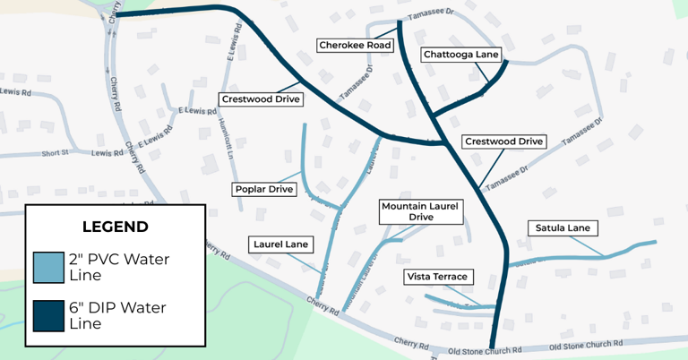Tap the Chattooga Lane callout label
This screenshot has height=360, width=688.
click(x=460, y=55)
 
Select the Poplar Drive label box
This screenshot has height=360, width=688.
click(x=264, y=189)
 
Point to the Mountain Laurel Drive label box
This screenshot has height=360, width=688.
click(x=420, y=211)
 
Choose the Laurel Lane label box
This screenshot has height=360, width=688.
click(x=281, y=243)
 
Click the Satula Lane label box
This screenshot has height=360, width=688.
click(x=561, y=227)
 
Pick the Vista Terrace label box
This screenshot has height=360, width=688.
click(x=438, y=277)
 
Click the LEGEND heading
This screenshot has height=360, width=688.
click(x=115, y=227)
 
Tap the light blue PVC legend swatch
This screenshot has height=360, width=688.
click(x=49, y=268)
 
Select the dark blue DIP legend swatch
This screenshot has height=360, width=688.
click(x=49, y=315)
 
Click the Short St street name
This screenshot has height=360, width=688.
click(x=55, y=154)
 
